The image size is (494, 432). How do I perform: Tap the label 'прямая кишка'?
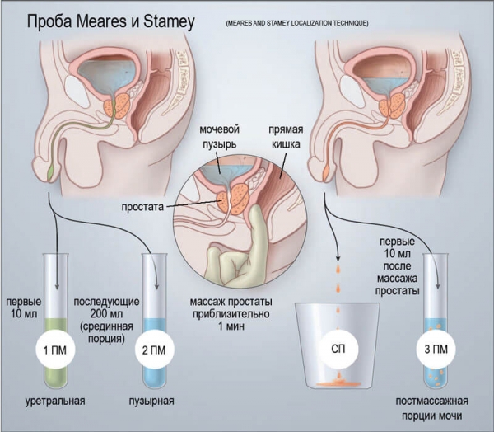pos(287,137)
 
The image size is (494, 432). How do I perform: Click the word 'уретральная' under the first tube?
pos(55,401)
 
